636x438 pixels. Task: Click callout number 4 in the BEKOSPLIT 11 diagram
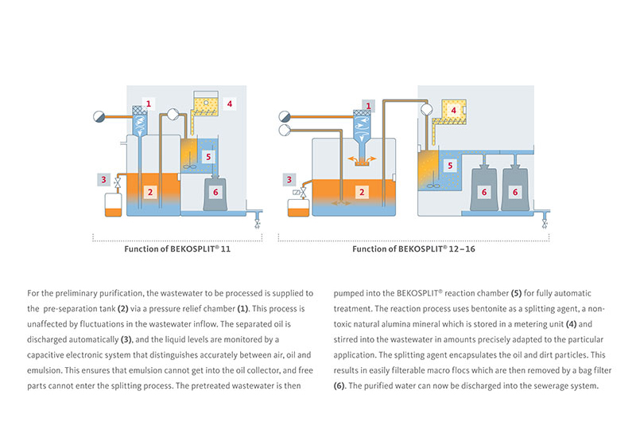point(229,103)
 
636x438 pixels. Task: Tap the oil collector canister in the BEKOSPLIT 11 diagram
point(113,204)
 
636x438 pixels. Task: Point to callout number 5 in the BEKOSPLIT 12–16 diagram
point(450,166)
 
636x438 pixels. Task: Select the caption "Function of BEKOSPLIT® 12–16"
point(408,248)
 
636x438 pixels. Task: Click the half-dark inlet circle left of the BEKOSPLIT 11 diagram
point(97,115)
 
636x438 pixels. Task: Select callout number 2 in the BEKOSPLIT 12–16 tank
point(363,192)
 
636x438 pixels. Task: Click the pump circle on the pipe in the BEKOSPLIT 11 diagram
point(172,114)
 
